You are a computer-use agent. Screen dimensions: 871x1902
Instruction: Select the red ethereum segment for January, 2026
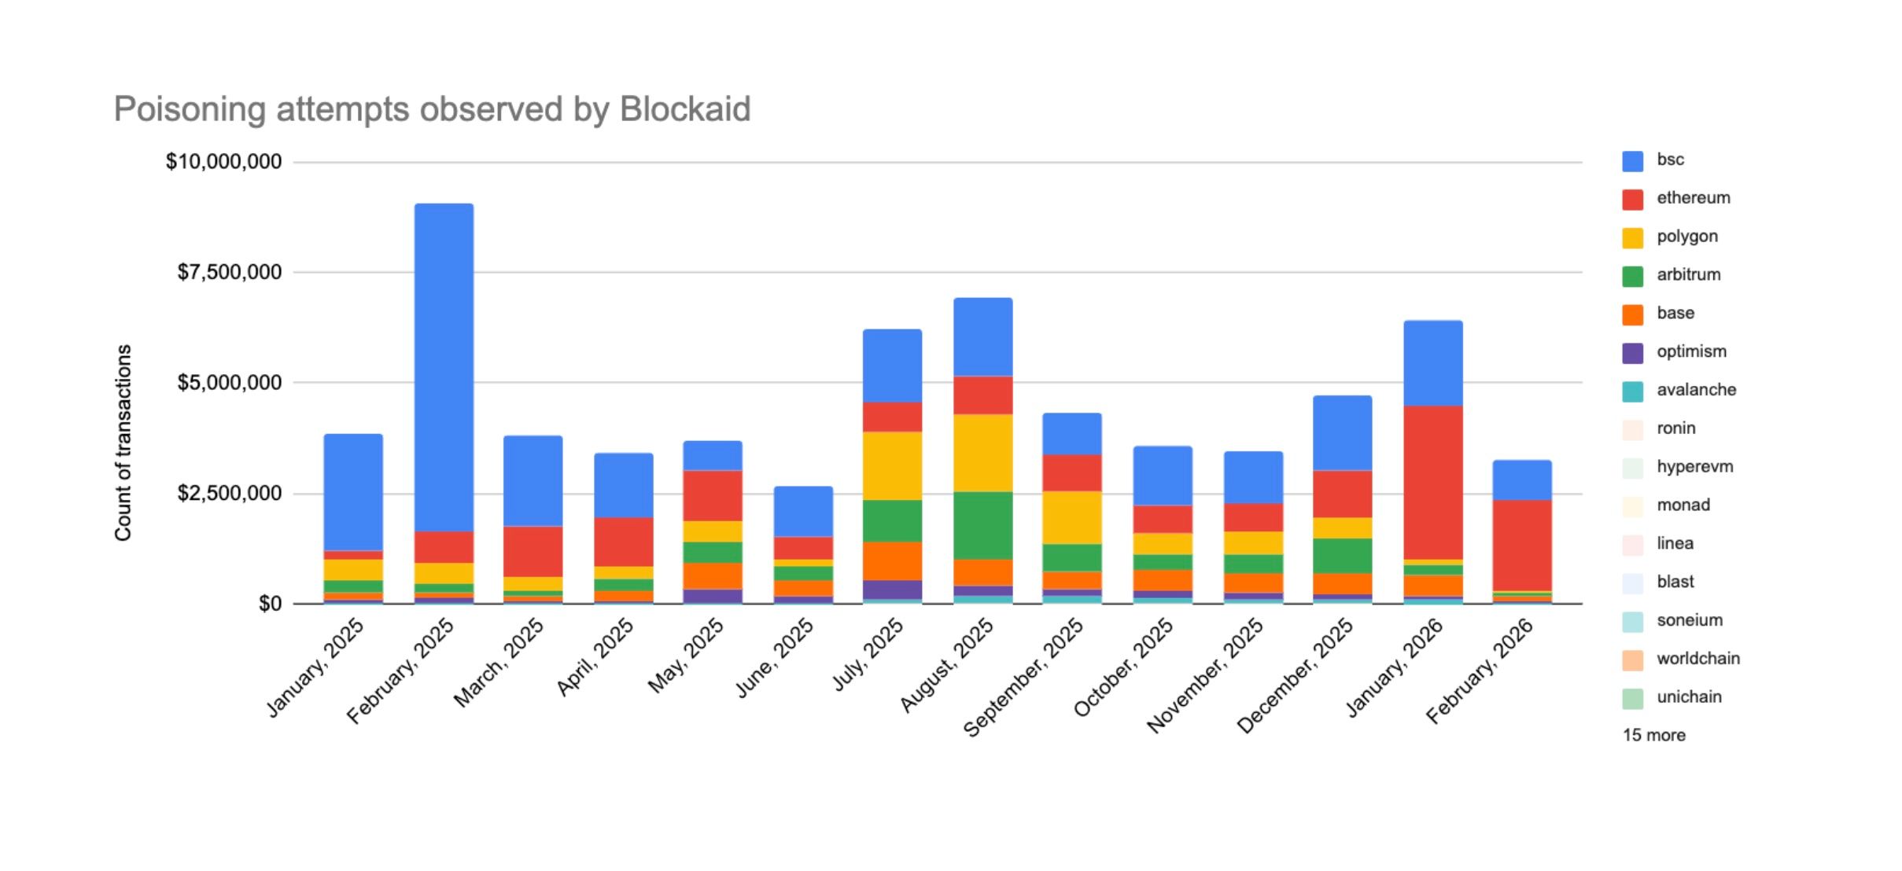(x=1433, y=482)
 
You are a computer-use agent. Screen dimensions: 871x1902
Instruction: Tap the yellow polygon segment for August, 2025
(x=982, y=453)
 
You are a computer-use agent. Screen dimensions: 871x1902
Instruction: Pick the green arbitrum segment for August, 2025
(x=982, y=525)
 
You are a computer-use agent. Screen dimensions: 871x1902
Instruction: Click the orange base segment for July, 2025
(x=892, y=560)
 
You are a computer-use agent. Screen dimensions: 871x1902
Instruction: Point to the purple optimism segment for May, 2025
(x=712, y=596)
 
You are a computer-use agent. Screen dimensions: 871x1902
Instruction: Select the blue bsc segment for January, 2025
(x=353, y=492)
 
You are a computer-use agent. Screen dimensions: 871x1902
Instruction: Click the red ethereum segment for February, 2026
(x=1522, y=545)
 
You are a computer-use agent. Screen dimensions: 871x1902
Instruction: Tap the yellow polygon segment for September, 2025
(x=1072, y=517)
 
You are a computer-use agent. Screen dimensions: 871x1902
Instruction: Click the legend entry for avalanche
(x=1695, y=390)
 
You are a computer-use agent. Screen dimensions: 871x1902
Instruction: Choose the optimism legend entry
(x=1690, y=351)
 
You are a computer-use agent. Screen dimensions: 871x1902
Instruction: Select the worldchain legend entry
(x=1697, y=659)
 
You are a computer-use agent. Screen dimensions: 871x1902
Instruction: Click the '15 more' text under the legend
(x=1653, y=735)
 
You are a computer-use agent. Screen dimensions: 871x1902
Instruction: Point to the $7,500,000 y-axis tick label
(x=229, y=272)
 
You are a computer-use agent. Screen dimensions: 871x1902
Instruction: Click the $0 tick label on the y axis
(x=270, y=604)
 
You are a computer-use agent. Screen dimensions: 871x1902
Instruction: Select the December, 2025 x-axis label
(x=1295, y=674)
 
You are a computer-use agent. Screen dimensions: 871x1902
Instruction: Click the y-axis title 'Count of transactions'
(x=123, y=443)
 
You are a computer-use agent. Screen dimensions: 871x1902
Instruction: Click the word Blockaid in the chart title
(x=684, y=109)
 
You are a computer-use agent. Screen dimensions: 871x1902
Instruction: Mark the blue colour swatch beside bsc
(x=1632, y=160)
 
